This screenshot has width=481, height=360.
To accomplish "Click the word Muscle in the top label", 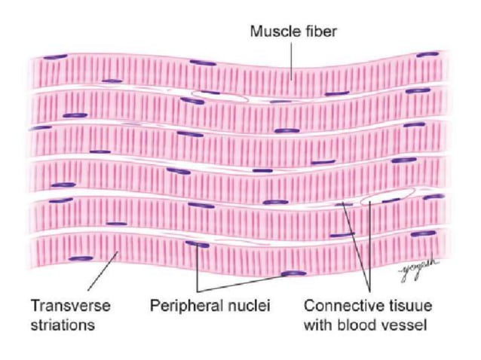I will [x=270, y=32].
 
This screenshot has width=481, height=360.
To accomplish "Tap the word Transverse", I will [x=70, y=307].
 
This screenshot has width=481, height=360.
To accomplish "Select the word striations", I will [x=61, y=325].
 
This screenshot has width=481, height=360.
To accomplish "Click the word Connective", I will [x=338, y=307].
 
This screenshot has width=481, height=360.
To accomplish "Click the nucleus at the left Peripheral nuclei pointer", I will [x=198, y=244].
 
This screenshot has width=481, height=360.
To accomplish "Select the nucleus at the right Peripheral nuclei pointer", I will [x=295, y=273].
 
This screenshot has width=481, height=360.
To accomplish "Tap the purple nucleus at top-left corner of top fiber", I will [x=54, y=56].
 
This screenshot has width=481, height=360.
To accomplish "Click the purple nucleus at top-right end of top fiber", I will [x=427, y=54].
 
